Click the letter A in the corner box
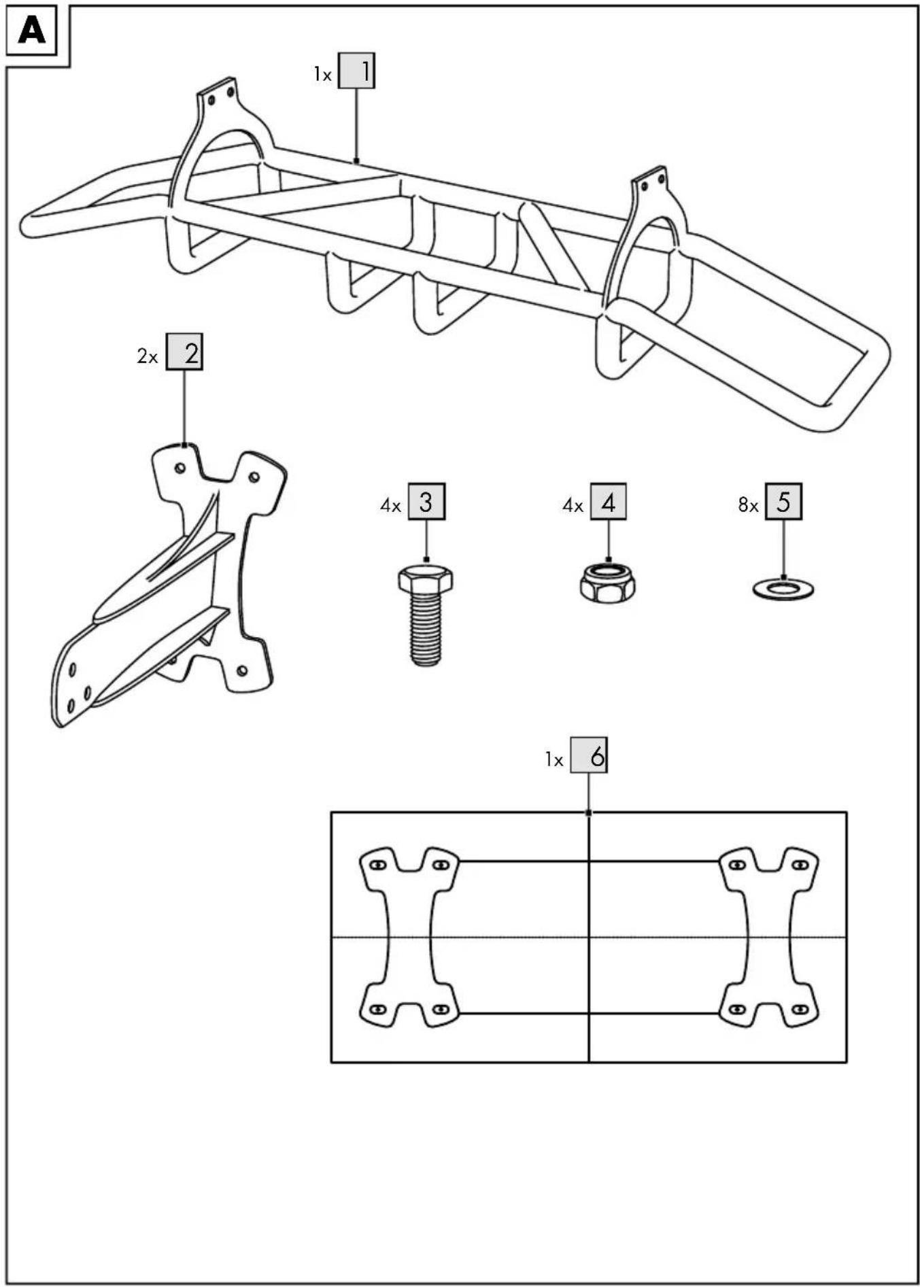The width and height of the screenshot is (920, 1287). tap(31, 31)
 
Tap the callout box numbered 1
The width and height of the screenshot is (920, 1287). tap(356, 71)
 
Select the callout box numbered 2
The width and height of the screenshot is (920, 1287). tap(184, 351)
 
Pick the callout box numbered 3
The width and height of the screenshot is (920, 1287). tap(426, 502)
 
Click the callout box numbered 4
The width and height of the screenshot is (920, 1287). tap(608, 502)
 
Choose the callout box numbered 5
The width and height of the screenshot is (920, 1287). tap(783, 502)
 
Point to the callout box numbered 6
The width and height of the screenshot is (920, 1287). tap(589, 755)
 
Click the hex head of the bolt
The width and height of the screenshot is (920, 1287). tap(426, 579)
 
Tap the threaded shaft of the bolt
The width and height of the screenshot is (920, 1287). tap(426, 628)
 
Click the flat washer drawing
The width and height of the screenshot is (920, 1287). tap(783, 589)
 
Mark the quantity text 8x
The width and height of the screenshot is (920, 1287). tap(748, 505)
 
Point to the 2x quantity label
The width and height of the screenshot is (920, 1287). tap(147, 356)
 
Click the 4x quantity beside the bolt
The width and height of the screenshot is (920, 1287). tap(390, 505)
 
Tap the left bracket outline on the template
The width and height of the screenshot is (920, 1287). tap(409, 938)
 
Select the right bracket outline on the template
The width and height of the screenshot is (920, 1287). tap(769, 938)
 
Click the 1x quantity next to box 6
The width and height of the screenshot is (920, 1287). tap(554, 759)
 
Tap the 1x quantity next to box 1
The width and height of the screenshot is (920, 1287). tap(322, 75)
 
